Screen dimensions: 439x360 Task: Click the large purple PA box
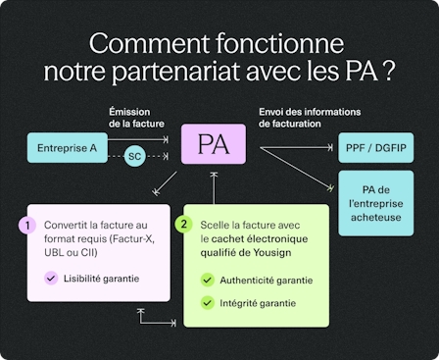coord(214,145)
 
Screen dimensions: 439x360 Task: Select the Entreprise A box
coord(67,147)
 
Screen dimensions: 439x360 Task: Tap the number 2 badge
coord(183,224)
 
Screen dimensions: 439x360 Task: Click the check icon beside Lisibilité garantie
coord(51,279)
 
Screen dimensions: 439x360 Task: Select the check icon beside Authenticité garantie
coord(207,281)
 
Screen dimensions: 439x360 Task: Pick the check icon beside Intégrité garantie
coord(207,302)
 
